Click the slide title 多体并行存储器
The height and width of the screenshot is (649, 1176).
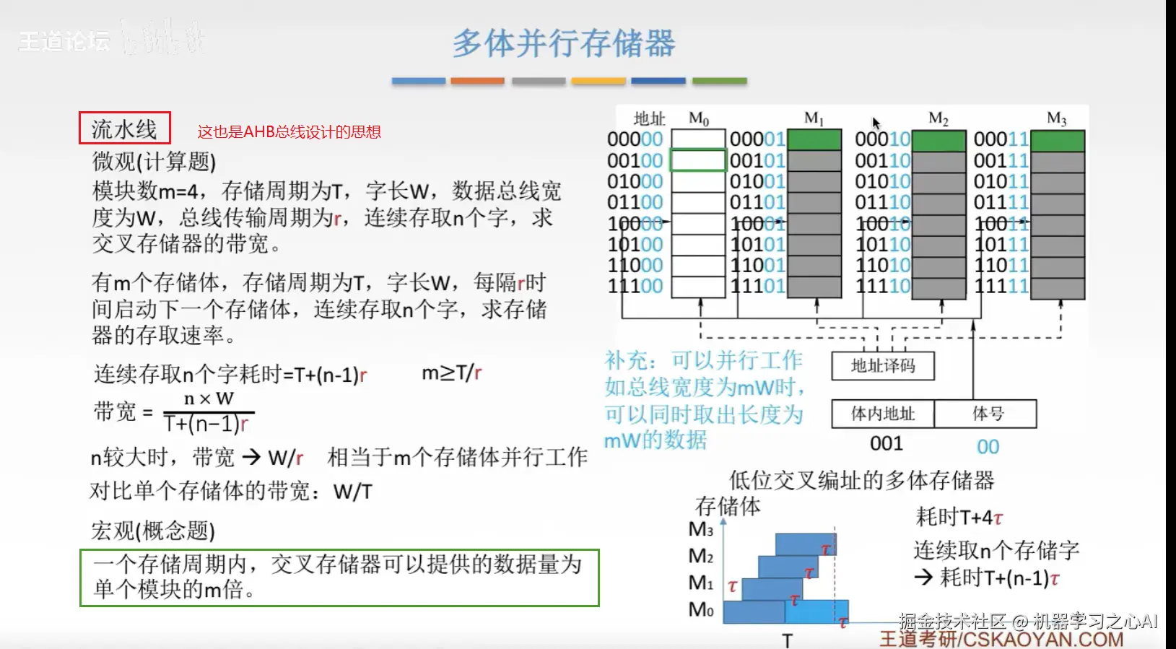(x=564, y=43)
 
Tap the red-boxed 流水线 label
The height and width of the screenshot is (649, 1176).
(x=124, y=129)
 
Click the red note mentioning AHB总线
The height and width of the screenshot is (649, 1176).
(x=289, y=132)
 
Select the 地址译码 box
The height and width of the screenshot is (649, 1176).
(x=882, y=366)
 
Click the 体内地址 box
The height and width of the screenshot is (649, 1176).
(x=882, y=414)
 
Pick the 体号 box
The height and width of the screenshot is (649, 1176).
(x=986, y=414)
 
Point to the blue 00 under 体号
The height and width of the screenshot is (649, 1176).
(x=988, y=447)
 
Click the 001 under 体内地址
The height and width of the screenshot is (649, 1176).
(x=887, y=444)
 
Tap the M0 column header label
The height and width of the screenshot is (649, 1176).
(x=699, y=118)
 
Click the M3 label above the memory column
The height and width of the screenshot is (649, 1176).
(x=1056, y=118)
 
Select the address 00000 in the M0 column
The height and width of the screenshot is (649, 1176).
(x=635, y=139)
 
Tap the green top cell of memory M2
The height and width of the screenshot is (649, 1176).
(x=938, y=140)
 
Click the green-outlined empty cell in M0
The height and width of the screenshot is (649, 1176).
(x=698, y=160)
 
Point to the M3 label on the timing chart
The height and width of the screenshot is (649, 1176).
(x=700, y=530)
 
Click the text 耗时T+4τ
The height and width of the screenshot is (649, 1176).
(x=959, y=517)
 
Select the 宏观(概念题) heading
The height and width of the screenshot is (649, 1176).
(x=153, y=531)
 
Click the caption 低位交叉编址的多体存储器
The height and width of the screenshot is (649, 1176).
(x=861, y=480)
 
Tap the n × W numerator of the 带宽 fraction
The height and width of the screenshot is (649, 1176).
(x=209, y=398)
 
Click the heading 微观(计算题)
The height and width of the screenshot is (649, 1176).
(x=154, y=161)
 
